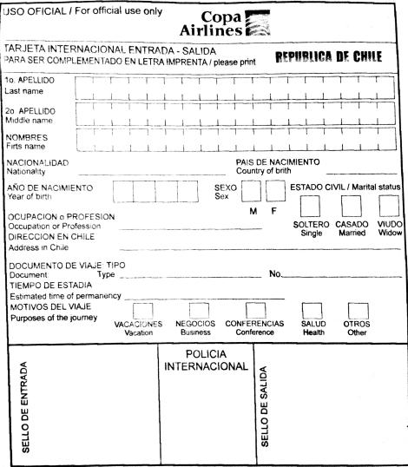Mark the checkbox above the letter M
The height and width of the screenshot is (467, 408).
tap(253, 191)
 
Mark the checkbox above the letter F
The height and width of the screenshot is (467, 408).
tap(276, 191)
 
